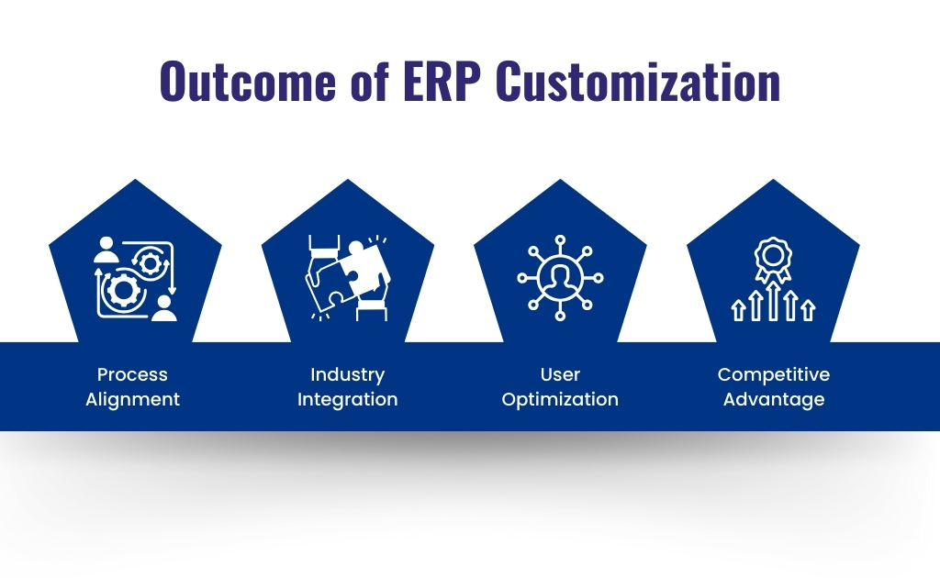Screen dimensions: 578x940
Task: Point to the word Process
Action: point(132,374)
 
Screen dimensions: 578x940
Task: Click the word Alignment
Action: point(132,399)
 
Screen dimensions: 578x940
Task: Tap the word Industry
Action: point(347,374)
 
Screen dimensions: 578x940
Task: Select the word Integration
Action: point(347,399)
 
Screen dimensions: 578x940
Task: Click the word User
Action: point(560,374)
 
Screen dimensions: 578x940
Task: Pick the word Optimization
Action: point(560,399)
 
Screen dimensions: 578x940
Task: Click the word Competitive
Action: point(773,374)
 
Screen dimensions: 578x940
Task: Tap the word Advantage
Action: point(773,399)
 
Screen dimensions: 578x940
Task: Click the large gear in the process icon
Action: point(118,291)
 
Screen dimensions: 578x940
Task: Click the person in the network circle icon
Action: point(560,277)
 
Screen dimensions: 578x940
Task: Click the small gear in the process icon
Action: point(150,264)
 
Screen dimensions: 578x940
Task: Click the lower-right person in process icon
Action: point(163,308)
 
